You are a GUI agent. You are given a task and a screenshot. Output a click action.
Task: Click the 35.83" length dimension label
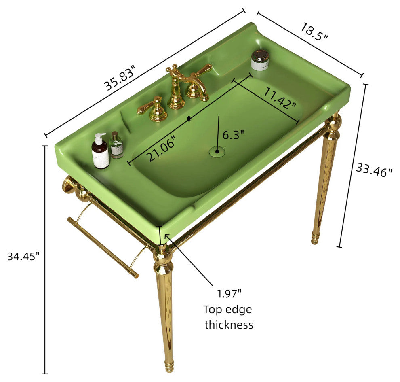click(x=119, y=78)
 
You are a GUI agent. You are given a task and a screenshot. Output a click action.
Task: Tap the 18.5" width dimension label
click(x=314, y=32)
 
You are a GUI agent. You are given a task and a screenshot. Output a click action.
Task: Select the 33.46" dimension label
click(x=374, y=170)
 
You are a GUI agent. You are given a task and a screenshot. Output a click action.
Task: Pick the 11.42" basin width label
click(x=280, y=98)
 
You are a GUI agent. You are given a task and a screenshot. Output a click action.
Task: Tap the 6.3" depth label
click(x=234, y=135)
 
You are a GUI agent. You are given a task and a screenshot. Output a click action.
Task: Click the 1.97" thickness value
click(x=229, y=294)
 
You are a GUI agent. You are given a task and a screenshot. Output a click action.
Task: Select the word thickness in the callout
click(x=229, y=325)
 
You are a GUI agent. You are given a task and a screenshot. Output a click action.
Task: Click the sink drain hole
click(x=217, y=151)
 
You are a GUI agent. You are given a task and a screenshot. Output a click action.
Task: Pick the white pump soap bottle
click(x=101, y=151)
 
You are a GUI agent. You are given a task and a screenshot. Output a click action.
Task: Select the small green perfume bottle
click(x=117, y=145)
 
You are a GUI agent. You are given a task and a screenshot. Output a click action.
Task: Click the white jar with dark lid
click(x=260, y=60)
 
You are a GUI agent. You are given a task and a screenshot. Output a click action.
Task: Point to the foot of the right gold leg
click(x=315, y=238)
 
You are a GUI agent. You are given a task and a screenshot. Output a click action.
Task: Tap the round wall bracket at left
click(x=68, y=185)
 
